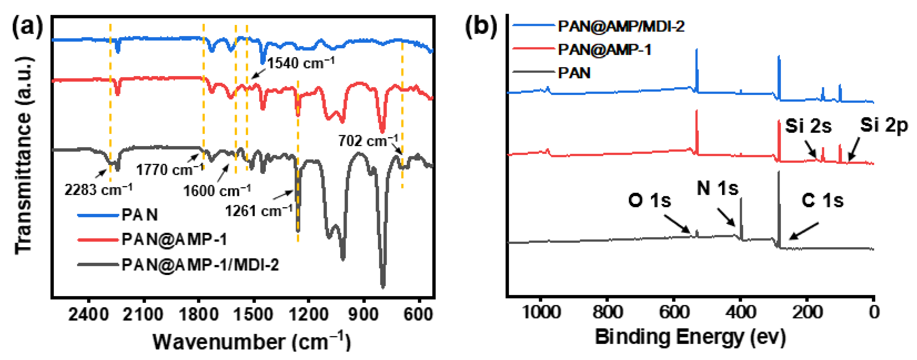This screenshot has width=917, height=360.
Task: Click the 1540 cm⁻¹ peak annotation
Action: click(x=301, y=63)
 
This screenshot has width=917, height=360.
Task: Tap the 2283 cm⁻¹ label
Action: click(x=98, y=190)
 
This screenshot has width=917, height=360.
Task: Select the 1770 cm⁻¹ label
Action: click(x=170, y=169)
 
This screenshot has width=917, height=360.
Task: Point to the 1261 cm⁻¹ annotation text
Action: click(x=259, y=211)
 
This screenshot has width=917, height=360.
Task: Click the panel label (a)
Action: click(x=27, y=27)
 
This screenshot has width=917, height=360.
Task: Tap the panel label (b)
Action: click(x=481, y=27)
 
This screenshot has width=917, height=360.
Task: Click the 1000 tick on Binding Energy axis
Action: click(x=541, y=312)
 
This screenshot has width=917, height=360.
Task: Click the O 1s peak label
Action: click(x=650, y=200)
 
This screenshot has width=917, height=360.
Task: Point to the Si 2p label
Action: click(x=884, y=125)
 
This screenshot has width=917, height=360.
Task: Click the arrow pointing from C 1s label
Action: click(x=804, y=231)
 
